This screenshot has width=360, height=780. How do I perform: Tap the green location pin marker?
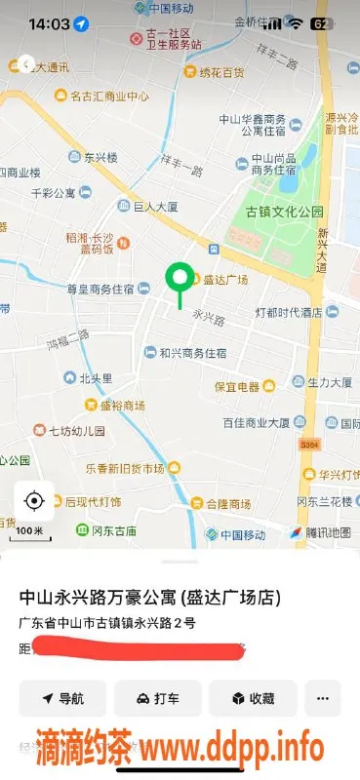point(179,279)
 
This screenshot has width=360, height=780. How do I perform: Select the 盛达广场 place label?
point(224,280)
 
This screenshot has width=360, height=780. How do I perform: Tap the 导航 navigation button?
point(62,698)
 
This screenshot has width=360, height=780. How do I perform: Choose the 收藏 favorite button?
point(253,698)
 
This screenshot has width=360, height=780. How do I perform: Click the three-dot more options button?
point(323,698)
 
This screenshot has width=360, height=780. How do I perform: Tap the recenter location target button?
point(34,501)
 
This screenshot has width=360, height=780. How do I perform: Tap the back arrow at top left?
point(27,64)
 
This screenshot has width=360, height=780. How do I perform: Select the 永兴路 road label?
point(209,317)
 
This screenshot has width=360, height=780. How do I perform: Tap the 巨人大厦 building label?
point(155,207)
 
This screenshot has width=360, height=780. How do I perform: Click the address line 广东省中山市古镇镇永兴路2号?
point(107,621)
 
